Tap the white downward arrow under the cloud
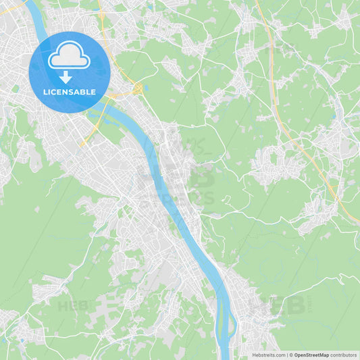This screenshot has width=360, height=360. coord(66,78)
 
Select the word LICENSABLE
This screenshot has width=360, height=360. coord(69,91)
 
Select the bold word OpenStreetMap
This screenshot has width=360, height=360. coord(311,355)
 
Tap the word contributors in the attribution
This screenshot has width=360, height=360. coord(343,355)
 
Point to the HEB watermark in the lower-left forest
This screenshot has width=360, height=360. coord(73,305)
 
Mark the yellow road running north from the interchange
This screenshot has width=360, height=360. coord(108,41)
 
